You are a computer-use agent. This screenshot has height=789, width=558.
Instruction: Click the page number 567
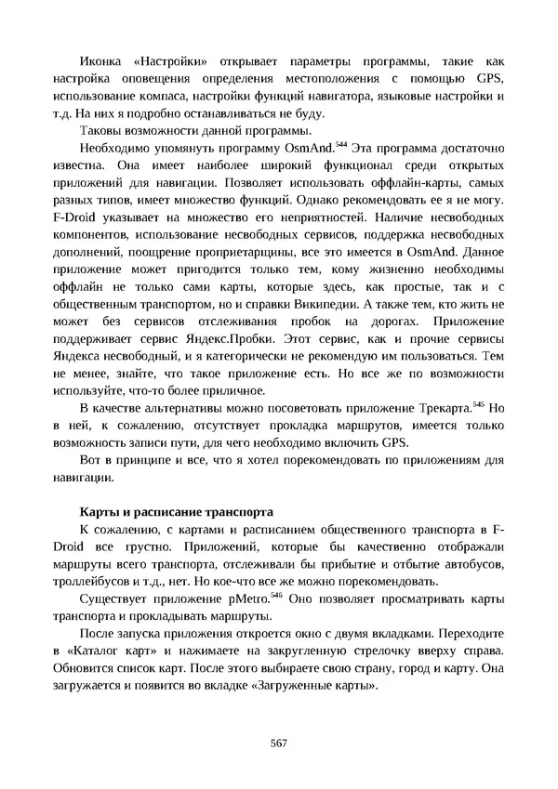pos(278,743)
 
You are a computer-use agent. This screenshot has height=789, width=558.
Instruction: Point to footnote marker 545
pos(479,404)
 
